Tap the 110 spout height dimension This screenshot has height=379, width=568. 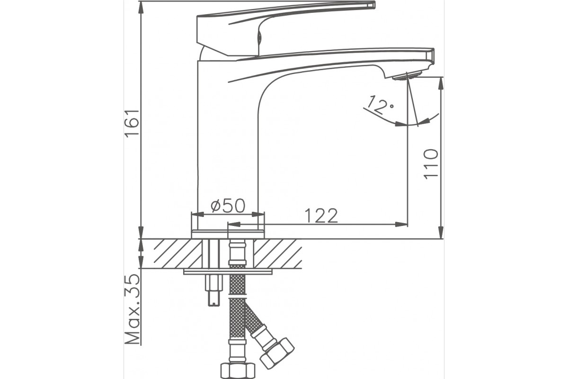point(431,164)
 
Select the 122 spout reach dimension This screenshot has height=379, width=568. point(321,216)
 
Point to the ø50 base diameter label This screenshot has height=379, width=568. point(228,205)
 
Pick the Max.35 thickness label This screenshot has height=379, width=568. point(132,309)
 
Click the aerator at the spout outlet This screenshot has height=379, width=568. point(407,76)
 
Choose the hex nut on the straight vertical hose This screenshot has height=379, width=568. point(238,371)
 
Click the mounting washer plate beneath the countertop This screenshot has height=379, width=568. point(228,272)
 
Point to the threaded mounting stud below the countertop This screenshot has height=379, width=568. point(213,290)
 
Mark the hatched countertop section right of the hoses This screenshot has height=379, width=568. point(278,253)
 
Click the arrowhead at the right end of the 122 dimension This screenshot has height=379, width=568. point(401,225)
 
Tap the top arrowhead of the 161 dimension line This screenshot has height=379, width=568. point(141,8)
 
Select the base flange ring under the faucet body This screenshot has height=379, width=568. point(228,235)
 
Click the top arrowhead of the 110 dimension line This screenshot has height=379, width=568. point(442,83)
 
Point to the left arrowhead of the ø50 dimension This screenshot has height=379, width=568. point(198,215)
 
